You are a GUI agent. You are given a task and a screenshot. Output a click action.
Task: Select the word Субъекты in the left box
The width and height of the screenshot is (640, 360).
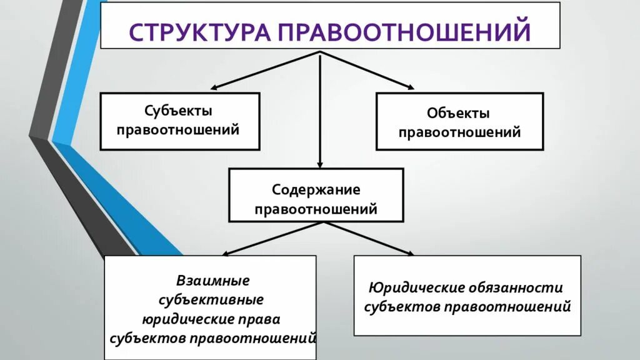179,111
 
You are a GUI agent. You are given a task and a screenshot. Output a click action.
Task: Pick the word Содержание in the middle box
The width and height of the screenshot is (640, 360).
316,189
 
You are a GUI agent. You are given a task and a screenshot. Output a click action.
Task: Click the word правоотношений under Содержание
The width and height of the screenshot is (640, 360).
316,209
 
